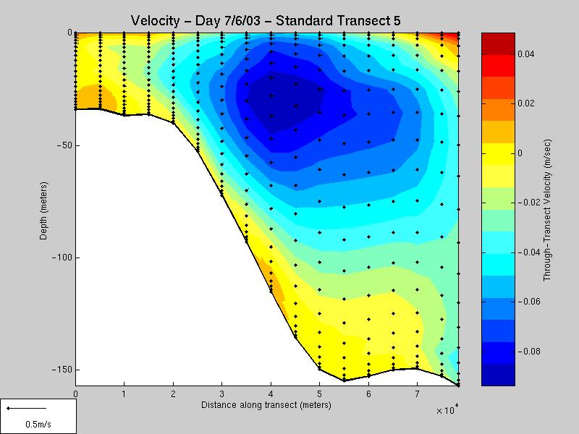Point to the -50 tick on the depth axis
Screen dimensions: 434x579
[x=64, y=145]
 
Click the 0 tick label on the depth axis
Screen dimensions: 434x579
[x=69, y=33]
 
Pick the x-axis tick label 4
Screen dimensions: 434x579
[x=270, y=394]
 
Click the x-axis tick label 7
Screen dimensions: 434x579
[x=416, y=394]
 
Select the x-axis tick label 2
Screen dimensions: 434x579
[x=172, y=394]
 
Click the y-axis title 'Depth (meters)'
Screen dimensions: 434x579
[x=45, y=210]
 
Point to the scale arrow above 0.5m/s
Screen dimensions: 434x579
[x=27, y=409]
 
